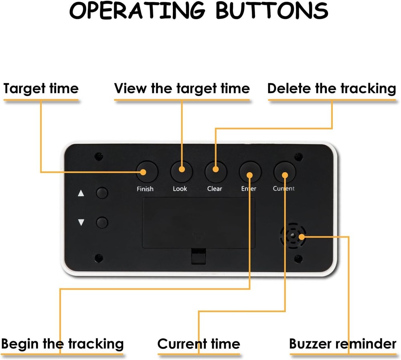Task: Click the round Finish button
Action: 147,172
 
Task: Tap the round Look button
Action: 182,172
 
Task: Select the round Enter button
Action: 250,172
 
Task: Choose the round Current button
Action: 285,172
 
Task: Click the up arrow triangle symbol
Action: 81,193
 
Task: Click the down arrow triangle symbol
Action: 81,222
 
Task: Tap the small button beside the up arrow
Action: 102,193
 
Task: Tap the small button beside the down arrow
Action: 102,222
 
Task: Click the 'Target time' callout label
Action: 41,88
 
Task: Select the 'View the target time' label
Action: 182,88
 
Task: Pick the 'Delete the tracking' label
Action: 332,88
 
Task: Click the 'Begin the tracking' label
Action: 62,344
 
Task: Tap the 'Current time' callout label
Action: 198,344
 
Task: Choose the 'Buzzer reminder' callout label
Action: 343,344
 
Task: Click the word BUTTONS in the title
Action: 273,11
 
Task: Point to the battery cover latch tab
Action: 198,256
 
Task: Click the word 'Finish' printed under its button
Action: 145,189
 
